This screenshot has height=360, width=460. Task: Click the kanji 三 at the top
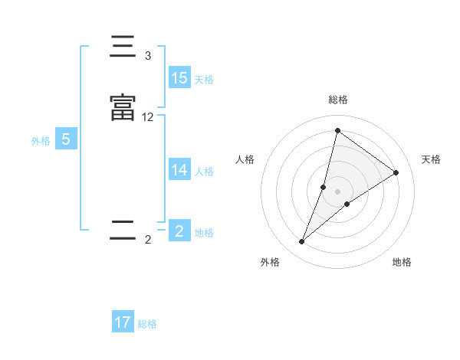pyautogui.click(x=123, y=48)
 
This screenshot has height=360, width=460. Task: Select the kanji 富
pyautogui.click(x=123, y=108)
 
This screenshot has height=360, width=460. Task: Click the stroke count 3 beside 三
pyautogui.click(x=148, y=56)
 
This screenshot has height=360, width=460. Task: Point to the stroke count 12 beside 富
pyautogui.click(x=148, y=117)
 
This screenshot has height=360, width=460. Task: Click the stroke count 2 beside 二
pyautogui.click(x=148, y=240)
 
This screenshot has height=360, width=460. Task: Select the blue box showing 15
pyautogui.click(x=179, y=78)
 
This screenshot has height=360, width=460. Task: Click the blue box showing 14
pyautogui.click(x=179, y=170)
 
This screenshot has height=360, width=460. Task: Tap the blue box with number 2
pyautogui.click(x=179, y=231)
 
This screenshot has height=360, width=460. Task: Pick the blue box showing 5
pyautogui.click(x=65, y=139)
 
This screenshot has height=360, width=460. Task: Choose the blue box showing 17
pyautogui.click(x=123, y=322)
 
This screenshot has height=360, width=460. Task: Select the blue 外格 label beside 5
pyautogui.click(x=41, y=141)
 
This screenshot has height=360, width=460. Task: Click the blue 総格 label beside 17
pyautogui.click(x=147, y=324)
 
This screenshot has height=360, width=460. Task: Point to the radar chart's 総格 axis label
pyautogui.click(x=338, y=100)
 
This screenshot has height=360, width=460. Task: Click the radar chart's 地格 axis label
pyautogui.click(x=402, y=262)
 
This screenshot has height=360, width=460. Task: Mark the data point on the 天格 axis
pyautogui.click(x=396, y=172)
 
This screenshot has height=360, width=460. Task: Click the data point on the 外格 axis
pyautogui.click(x=302, y=242)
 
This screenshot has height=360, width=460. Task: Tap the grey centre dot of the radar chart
pyautogui.click(x=338, y=191)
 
